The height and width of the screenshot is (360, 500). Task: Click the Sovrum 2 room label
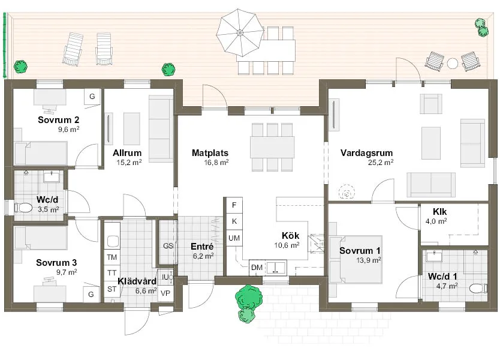pyautogui.click(x=58, y=119)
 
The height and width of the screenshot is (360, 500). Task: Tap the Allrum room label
pyautogui.click(x=127, y=152)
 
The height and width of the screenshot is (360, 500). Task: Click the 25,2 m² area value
pyautogui.click(x=381, y=162)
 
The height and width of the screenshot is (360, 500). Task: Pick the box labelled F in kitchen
pyautogui.click(x=233, y=205)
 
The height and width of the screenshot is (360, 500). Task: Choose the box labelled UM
pyautogui.click(x=233, y=238)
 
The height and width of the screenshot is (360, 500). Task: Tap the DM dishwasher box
pyautogui.click(x=256, y=267)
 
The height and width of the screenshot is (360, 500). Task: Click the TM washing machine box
pyautogui.click(x=112, y=257)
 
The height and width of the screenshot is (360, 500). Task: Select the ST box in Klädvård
pyautogui.click(x=112, y=289)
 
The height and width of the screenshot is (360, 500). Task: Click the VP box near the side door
pyautogui.click(x=165, y=293)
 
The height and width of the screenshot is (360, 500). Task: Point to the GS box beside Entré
pyautogui.click(x=168, y=245)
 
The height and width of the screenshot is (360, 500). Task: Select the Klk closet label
pyautogui.click(x=439, y=212)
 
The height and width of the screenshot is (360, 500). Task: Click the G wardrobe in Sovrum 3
pyautogui.click(x=91, y=294)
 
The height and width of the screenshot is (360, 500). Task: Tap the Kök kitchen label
pyautogui.click(x=290, y=235)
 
